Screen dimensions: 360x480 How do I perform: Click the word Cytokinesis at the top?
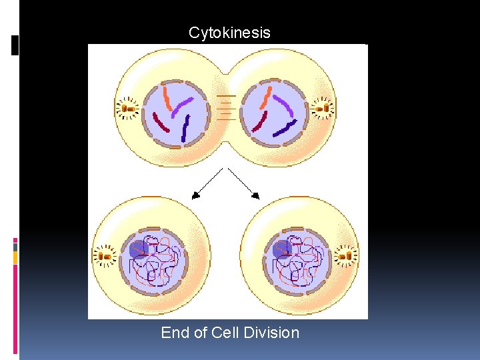point(229,33)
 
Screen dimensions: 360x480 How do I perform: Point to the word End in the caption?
point(176,333)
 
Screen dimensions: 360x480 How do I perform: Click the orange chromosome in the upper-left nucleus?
point(167,97)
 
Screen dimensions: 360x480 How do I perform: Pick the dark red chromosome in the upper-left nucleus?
point(161,122)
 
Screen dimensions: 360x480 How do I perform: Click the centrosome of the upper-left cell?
point(127,107)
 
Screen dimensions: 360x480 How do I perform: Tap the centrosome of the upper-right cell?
point(321,107)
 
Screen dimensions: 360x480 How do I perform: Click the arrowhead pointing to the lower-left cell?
point(196,195)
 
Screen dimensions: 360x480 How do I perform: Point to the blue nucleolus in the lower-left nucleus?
point(139,249)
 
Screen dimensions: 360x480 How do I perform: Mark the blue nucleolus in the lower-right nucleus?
point(281,249)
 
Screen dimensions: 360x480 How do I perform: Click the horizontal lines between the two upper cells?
point(227,107)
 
